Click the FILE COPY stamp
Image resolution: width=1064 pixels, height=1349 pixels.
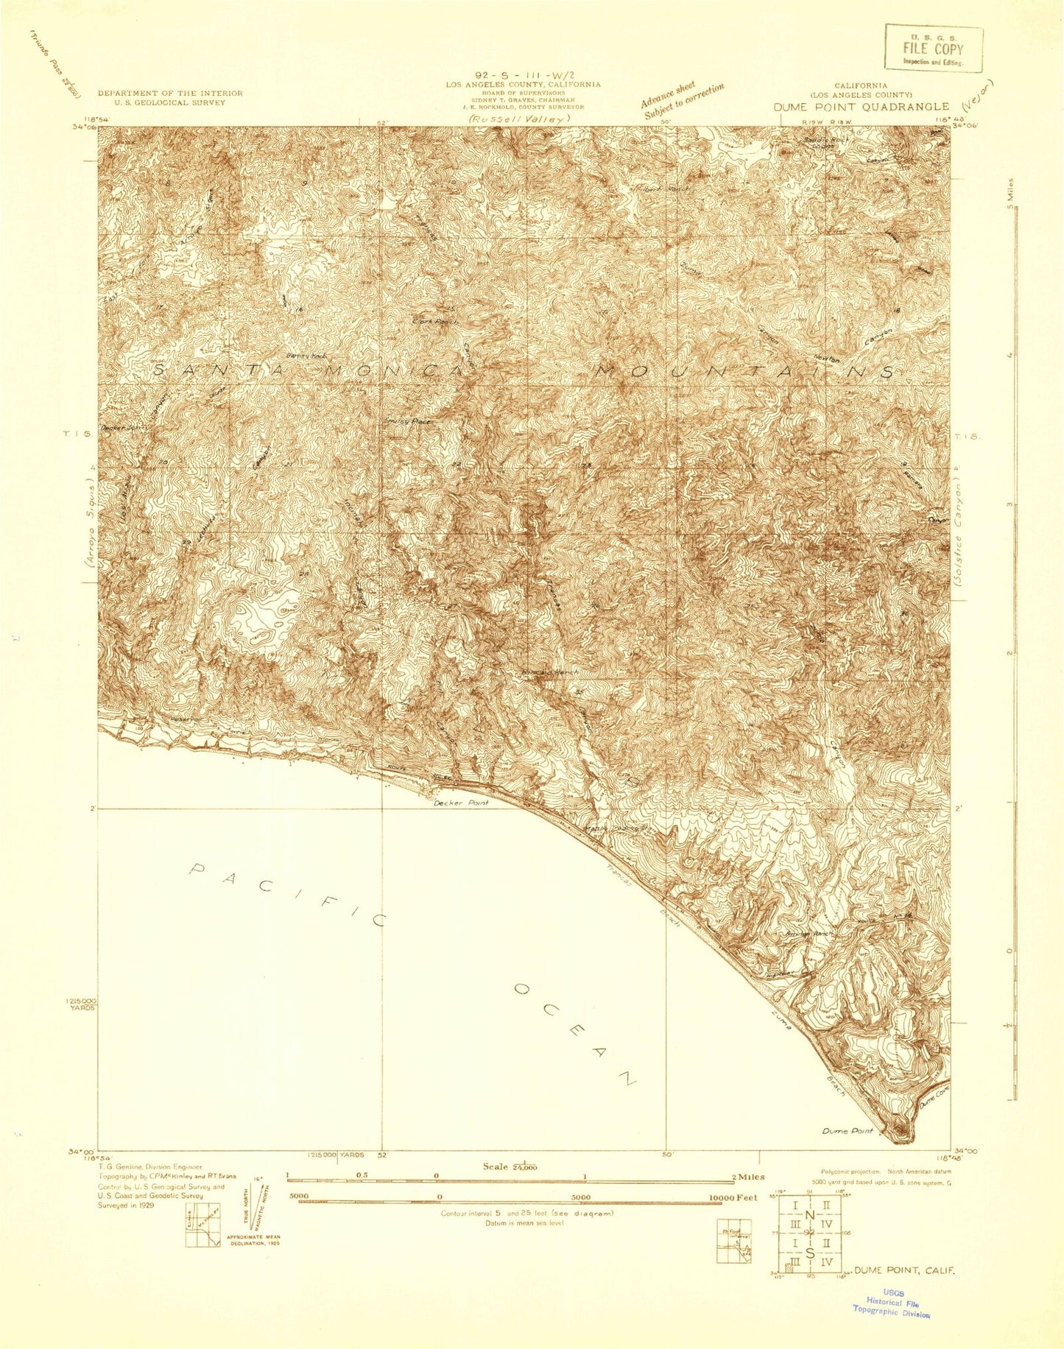[933, 49]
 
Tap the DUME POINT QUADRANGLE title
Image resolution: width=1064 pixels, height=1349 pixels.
[861, 107]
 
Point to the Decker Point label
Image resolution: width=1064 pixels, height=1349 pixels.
[461, 803]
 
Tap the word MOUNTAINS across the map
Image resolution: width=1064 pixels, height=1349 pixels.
[744, 372]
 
